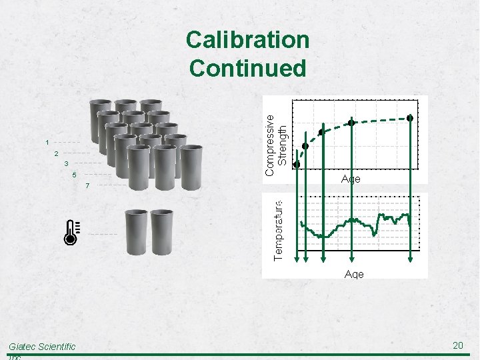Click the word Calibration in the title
click(247, 41)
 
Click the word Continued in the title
click(247, 68)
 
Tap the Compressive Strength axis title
click(276, 144)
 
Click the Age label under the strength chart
click(351, 179)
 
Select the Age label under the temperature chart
click(354, 274)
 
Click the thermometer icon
click(71, 231)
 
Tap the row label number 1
click(47, 142)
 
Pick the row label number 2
click(57, 153)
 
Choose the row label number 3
click(66, 164)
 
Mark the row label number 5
click(75, 175)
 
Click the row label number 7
click(87, 186)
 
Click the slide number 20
click(458, 345)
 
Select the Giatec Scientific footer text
click(42, 347)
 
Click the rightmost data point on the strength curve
click(411, 118)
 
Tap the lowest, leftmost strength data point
click(297, 164)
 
